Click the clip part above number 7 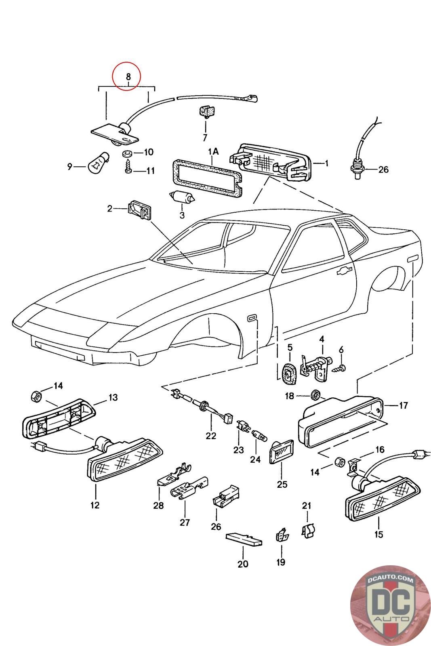pyautogui.click(x=208, y=112)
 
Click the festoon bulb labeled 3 pyautogui.click(x=182, y=197)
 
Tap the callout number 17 pyautogui.click(x=403, y=405)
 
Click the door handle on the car pyautogui.click(x=344, y=271)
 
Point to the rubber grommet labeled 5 pyautogui.click(x=289, y=374)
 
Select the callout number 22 pyautogui.click(x=211, y=436)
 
